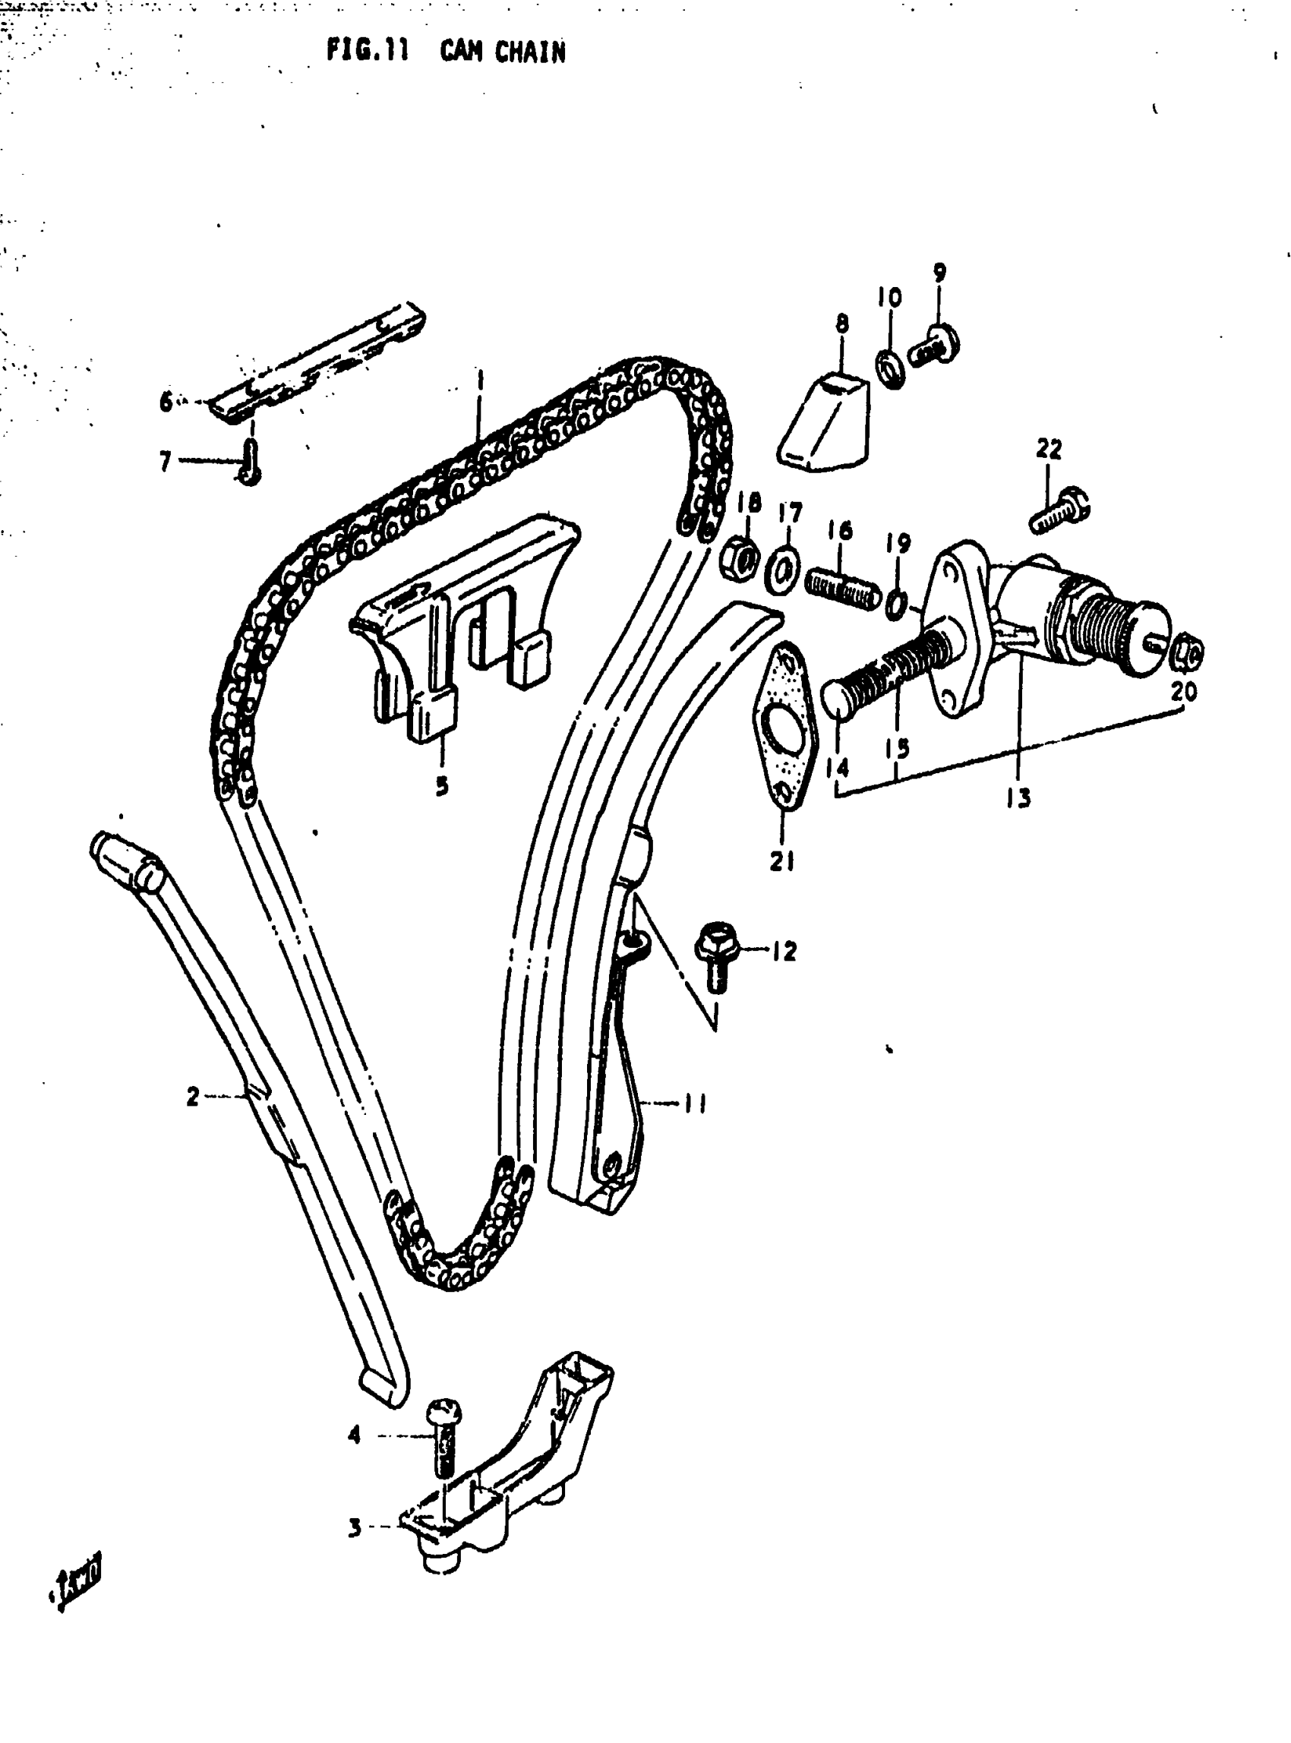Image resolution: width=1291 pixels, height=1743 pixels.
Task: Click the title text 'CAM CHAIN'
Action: click(502, 52)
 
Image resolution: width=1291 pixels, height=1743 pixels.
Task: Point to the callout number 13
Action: click(1018, 797)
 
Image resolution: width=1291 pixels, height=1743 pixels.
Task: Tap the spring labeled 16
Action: click(840, 592)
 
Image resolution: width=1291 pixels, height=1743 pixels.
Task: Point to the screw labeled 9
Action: click(936, 349)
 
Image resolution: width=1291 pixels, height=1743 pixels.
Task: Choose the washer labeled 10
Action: click(891, 369)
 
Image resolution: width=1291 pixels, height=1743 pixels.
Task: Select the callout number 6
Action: click(166, 403)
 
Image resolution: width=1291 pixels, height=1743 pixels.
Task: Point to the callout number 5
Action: click(442, 785)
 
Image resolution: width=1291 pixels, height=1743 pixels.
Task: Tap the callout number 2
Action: click(193, 1097)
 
